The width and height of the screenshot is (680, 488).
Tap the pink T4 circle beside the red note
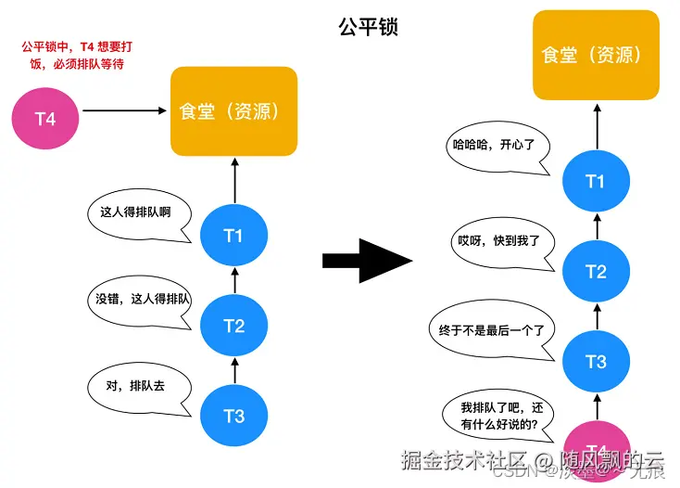pyautogui.click(x=44, y=119)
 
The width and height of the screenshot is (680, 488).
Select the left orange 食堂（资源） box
pyautogui.click(x=233, y=111)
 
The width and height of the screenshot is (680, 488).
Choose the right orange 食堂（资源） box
pyautogui.click(x=595, y=55)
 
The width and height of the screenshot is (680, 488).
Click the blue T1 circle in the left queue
pyautogui.click(x=233, y=236)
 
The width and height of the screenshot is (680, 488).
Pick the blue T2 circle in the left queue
pyautogui.click(x=233, y=326)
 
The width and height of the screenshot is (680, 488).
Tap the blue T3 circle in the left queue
pyautogui.click(x=233, y=416)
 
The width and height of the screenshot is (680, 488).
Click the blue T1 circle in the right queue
pyautogui.click(x=595, y=181)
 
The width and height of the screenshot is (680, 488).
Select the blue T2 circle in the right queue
pyautogui.click(x=595, y=272)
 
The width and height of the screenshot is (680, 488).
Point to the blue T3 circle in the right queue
pyautogui.click(x=595, y=362)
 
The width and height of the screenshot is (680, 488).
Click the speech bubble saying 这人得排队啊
pyautogui.click(x=139, y=212)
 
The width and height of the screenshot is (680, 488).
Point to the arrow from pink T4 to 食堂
pyautogui.click(x=126, y=110)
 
